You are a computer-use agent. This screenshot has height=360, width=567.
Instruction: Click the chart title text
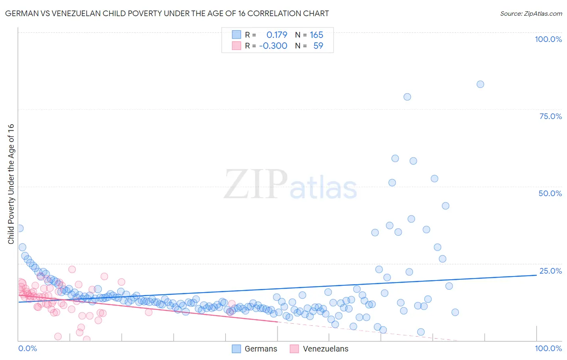[167, 13]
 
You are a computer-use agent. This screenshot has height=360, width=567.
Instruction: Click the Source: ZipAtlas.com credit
[531, 13]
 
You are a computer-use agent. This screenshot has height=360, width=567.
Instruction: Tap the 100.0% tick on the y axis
[548, 39]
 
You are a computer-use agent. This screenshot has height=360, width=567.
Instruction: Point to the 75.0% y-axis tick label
[550, 116]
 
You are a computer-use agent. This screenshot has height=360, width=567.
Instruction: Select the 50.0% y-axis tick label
[550, 193]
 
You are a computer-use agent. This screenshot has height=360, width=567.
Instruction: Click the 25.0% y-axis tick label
[550, 271]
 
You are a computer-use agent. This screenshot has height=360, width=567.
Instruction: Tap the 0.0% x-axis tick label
[27, 348]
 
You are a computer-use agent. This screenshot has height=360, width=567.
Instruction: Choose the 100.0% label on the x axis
[548, 348]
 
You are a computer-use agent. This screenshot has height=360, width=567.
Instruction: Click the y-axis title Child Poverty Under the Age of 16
[11, 184]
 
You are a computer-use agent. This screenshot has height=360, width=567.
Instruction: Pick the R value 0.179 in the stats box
[277, 35]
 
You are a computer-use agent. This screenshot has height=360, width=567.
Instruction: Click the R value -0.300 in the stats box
[273, 46]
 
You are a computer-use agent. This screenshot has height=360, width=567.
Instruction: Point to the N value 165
[317, 35]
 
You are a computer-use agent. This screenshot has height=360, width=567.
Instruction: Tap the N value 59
[318, 46]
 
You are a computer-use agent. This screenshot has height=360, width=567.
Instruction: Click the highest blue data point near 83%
[480, 84]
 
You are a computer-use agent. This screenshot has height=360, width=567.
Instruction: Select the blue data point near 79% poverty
[407, 97]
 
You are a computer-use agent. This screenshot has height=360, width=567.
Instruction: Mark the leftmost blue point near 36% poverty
[19, 228]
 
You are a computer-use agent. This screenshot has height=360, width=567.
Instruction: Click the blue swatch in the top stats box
[236, 35]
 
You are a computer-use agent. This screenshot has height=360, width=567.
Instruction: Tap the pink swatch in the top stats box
[236, 46]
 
